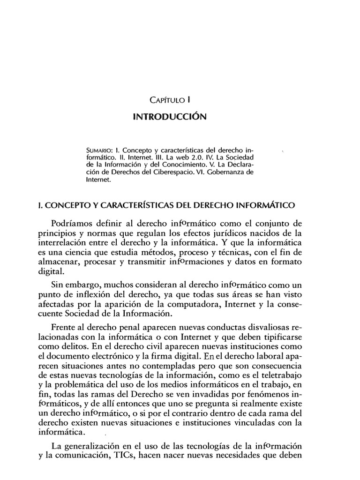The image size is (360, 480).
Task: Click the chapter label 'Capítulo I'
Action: (x=169, y=99)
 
